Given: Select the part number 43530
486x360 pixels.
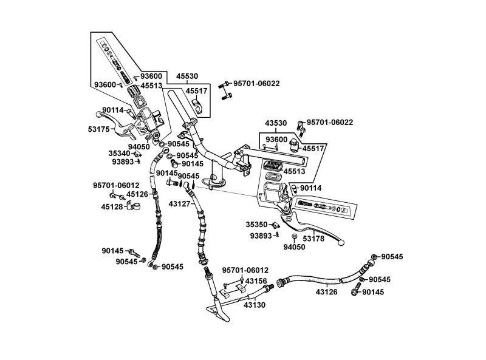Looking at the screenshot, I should (x=276, y=123).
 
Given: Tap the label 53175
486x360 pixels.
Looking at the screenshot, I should (x=98, y=129).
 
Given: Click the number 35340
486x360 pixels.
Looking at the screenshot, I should (x=120, y=154).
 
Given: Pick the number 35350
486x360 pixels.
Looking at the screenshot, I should (x=256, y=224).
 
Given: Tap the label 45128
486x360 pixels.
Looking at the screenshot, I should (x=112, y=206).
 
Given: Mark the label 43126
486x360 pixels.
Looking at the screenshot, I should (x=327, y=291).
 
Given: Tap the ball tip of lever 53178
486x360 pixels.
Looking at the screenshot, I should (x=341, y=243).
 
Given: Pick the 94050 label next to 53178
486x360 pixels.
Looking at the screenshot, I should (x=294, y=247).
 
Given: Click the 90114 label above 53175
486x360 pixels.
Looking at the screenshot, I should (x=113, y=110).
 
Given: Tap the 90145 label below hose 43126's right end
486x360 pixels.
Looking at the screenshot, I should (x=374, y=292).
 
